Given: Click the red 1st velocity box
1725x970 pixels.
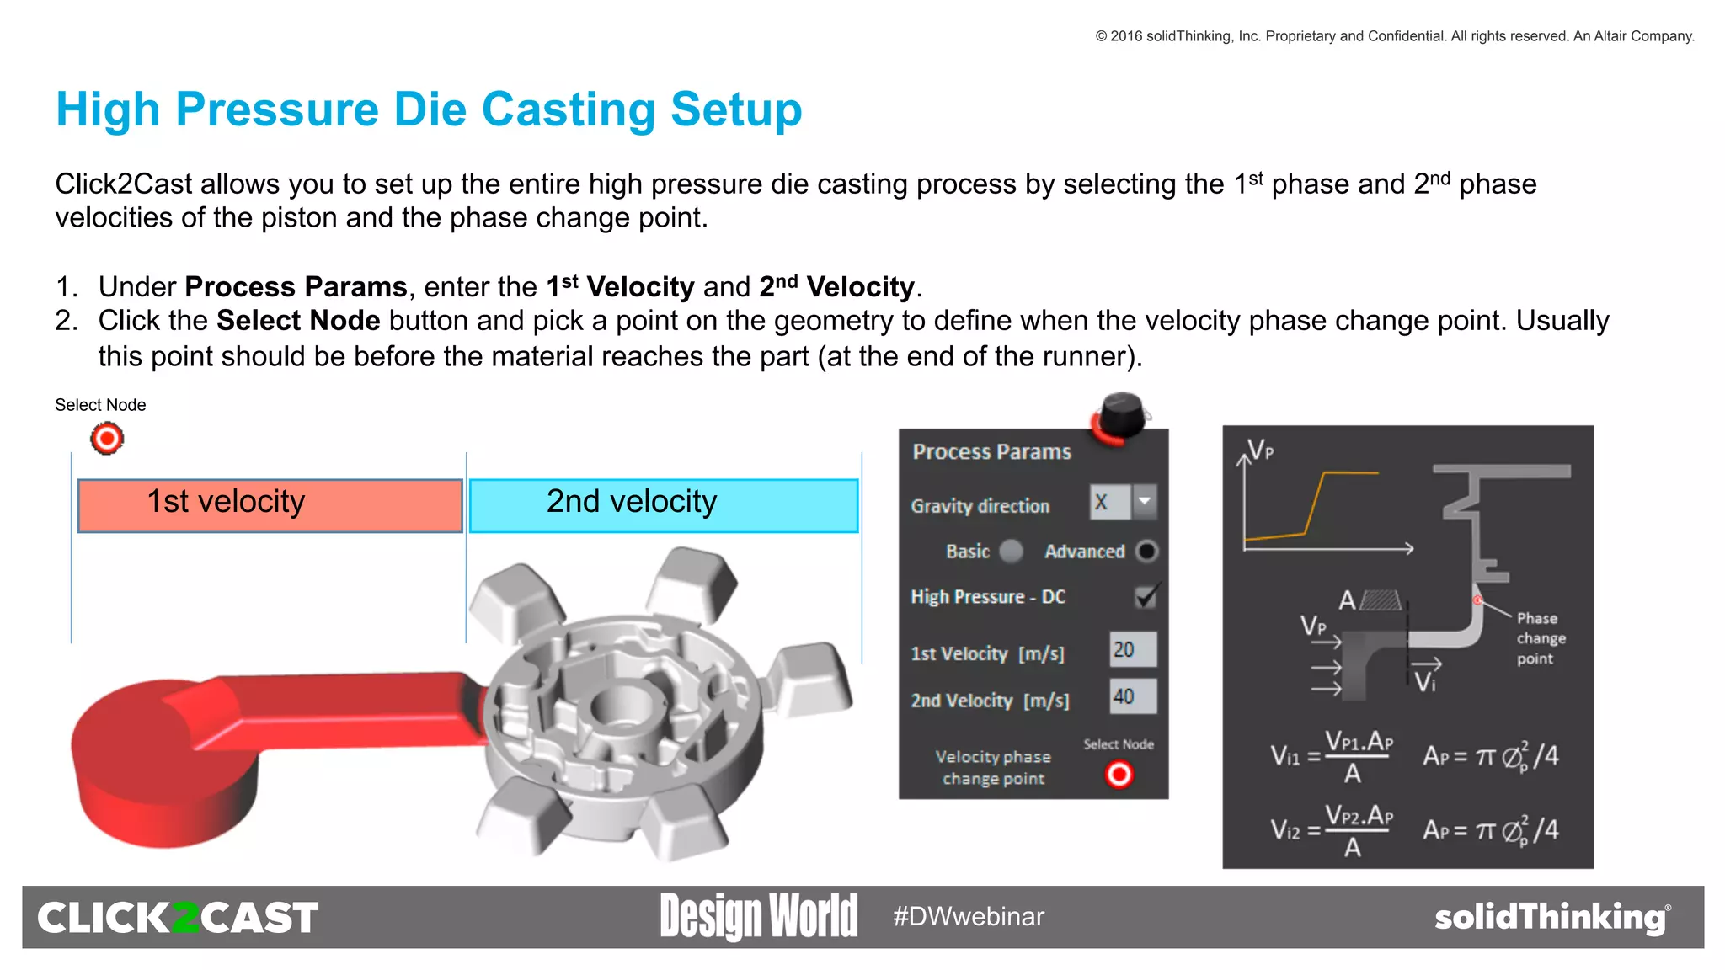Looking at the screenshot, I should tap(270, 505).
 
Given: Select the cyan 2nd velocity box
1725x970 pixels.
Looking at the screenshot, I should tap(663, 505).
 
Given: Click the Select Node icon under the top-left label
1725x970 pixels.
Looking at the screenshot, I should tap(107, 439).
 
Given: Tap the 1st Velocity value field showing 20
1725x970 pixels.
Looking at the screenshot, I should tap(1132, 649).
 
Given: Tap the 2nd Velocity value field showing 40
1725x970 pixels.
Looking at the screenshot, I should tap(1132, 696).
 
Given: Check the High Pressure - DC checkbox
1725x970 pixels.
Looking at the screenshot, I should tap(1146, 596).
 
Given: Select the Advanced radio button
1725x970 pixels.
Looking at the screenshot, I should tap(1146, 551).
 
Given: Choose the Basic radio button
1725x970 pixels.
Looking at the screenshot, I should tap(1011, 551).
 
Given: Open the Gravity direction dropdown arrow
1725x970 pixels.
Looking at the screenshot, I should tap(1144, 502).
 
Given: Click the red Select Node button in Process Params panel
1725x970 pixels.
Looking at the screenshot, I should tap(1119, 774).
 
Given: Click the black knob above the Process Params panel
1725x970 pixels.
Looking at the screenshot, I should tap(1123, 413).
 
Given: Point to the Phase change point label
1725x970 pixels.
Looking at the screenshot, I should tap(1540, 638).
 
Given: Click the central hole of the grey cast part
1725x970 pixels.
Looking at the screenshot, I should tap(622, 703).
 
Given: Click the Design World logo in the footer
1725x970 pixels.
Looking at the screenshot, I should tap(758, 916).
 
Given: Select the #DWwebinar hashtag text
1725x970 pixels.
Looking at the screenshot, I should tap(969, 916).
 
